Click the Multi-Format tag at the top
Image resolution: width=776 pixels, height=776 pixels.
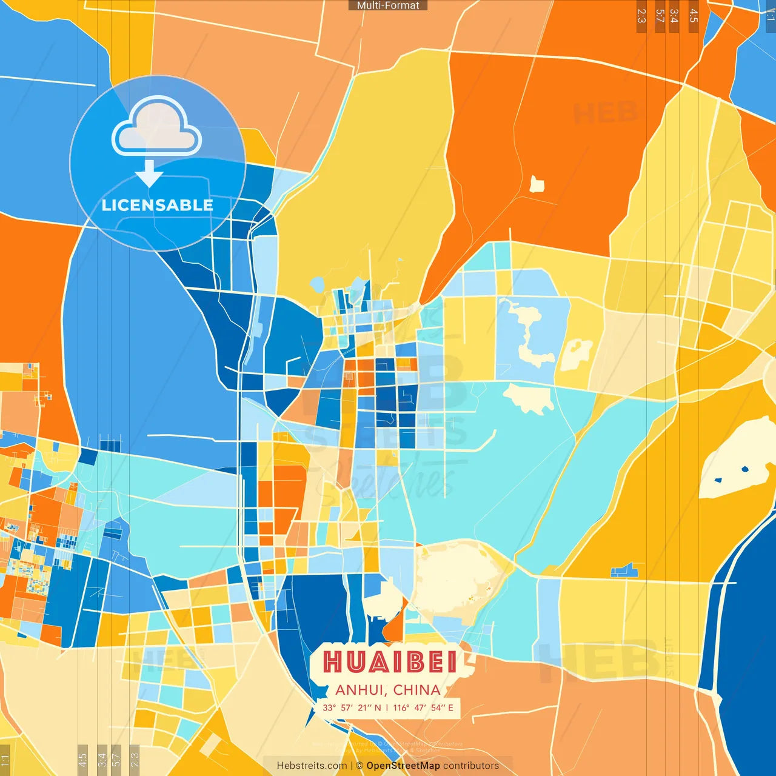(x=388, y=5)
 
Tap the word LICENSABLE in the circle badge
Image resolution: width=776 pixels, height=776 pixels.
(x=158, y=205)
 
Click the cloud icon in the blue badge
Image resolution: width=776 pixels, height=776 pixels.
(x=156, y=129)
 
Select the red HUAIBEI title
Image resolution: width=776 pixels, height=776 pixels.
(x=389, y=662)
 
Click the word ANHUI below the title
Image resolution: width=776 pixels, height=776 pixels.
(x=360, y=690)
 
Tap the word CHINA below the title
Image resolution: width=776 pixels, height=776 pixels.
(x=416, y=690)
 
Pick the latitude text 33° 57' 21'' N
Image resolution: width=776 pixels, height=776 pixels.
(x=352, y=707)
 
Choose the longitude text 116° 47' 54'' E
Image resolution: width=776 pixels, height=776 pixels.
(x=423, y=707)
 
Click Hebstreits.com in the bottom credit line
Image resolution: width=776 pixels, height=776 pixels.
(x=312, y=766)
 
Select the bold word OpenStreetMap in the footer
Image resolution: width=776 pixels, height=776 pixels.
(x=403, y=766)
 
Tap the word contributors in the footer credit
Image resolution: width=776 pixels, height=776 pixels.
(x=471, y=766)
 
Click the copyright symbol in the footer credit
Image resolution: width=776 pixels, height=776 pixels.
(x=360, y=766)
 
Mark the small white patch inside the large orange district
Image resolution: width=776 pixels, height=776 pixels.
(x=537, y=184)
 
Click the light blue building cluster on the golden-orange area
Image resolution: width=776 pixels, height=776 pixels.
(x=624, y=570)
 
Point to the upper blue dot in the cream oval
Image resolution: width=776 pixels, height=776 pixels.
(x=744, y=469)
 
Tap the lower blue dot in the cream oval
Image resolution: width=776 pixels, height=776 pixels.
(x=718, y=481)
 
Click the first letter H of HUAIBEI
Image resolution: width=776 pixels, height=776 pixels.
(x=332, y=662)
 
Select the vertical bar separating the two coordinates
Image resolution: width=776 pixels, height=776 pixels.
(x=387, y=707)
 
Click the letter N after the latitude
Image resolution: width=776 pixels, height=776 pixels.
(x=378, y=707)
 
